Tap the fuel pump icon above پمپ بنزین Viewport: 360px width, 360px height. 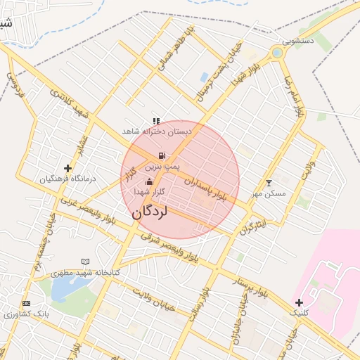[x=162, y=156]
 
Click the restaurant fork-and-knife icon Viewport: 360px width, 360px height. [x=156, y=121]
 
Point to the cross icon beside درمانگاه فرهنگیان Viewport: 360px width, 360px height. [x=67, y=168]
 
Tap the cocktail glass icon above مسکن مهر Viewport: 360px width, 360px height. [x=268, y=182]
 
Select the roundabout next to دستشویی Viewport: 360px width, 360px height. [x=277, y=53]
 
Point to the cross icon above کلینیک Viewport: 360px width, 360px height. [x=300, y=302]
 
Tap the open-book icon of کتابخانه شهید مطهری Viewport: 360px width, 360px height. [x=85, y=261]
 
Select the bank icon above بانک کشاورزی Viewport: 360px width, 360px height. [x=27, y=303]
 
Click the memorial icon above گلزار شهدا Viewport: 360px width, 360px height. [x=149, y=181]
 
